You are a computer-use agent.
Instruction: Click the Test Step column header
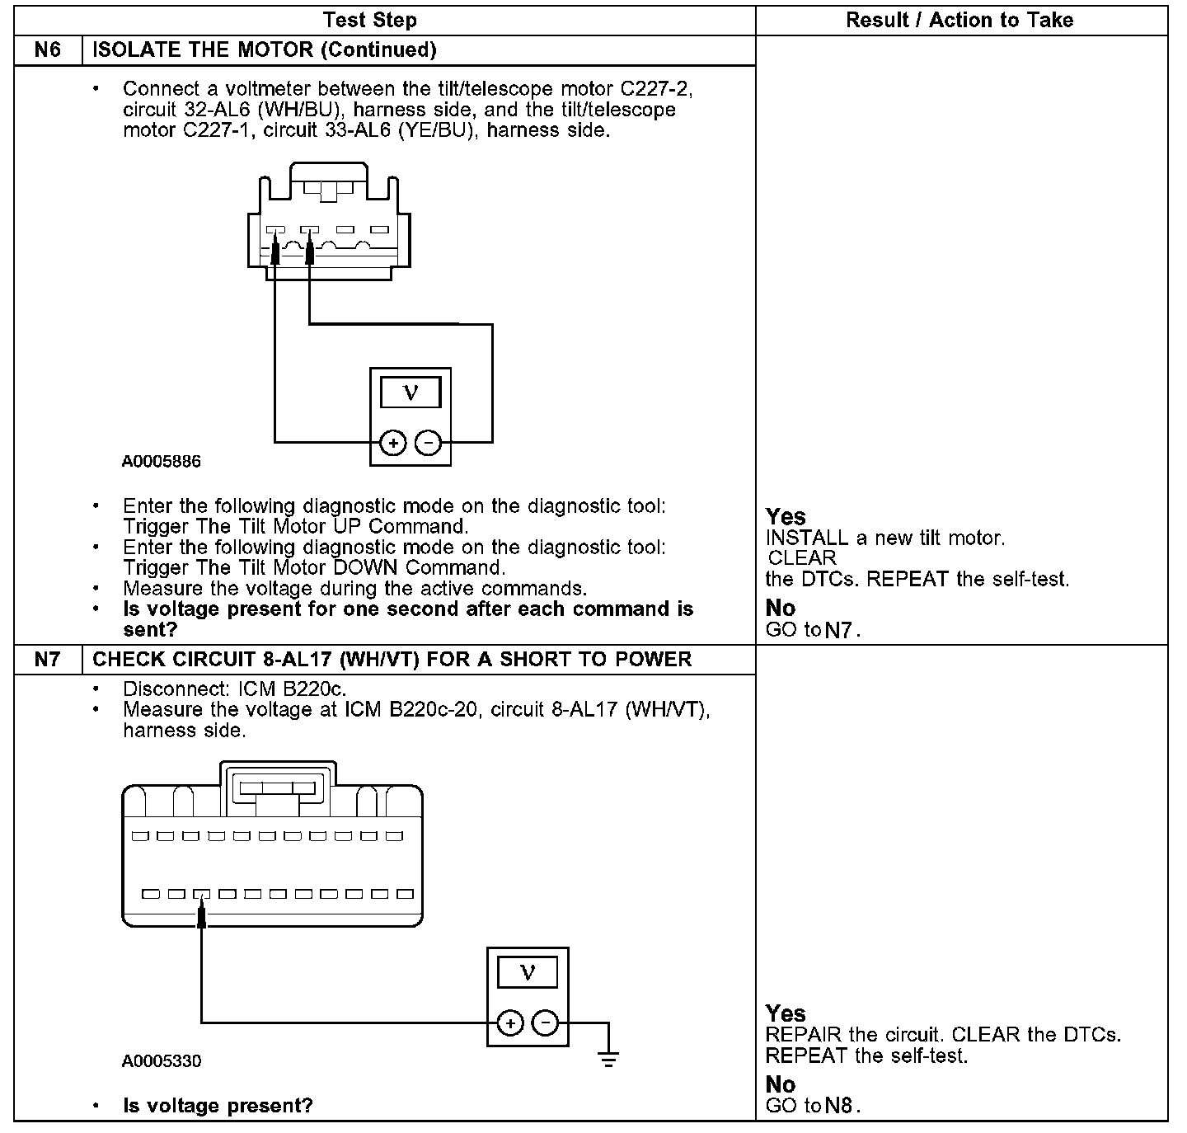[369, 20]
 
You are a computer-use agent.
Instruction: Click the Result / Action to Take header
[959, 20]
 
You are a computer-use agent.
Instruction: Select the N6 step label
[48, 49]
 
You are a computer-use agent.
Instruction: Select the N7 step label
[48, 660]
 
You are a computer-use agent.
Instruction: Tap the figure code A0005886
[162, 461]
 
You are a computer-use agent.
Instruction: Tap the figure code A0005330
[162, 1060]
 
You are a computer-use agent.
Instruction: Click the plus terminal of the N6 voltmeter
[393, 444]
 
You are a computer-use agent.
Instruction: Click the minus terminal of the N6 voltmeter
[428, 444]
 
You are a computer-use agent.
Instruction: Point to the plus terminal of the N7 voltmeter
[511, 1023]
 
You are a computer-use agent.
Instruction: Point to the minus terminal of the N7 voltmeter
[545, 1023]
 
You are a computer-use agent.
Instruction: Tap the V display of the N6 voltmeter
[411, 393]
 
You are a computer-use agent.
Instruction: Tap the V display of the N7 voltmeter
[528, 972]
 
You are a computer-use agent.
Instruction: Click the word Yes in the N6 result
[786, 517]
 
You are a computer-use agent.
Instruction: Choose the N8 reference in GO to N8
[838, 1106]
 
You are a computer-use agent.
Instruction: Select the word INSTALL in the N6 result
[806, 538]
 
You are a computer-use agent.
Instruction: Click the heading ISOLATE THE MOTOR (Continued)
[265, 49]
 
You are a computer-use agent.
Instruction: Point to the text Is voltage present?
[218, 1106]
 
